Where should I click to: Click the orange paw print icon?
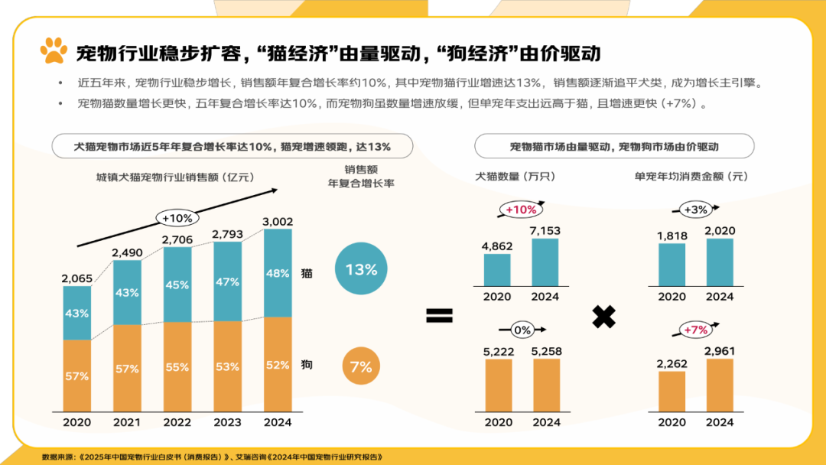coord(54,51)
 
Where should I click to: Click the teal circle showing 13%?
coord(361,269)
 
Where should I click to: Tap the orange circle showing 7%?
coord(360,366)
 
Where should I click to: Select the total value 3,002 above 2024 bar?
coord(278,222)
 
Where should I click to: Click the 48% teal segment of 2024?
coord(278,273)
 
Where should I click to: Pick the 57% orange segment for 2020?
coord(76,376)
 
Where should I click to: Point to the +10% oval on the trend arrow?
coord(177,218)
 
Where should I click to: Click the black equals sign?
coord(439,316)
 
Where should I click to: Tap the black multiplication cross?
coord(604,316)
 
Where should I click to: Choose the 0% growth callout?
coord(522,330)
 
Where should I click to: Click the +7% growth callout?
coord(695,330)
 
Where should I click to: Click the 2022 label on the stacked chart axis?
coord(177,422)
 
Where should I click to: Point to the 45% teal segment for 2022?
coord(177,285)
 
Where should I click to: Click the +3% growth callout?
coord(696,209)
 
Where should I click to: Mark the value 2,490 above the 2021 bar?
coord(127,252)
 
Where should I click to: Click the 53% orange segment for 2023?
coord(227,366)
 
